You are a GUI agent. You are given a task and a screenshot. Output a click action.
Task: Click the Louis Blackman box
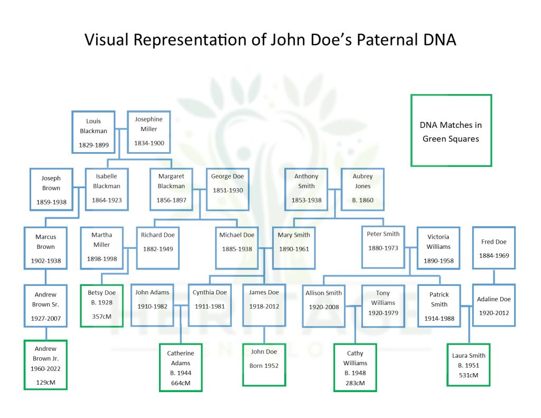tap(94, 132)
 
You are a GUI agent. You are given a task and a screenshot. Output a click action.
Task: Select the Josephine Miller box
tap(149, 132)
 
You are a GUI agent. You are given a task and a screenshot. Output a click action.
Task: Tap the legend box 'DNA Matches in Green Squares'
tap(451, 131)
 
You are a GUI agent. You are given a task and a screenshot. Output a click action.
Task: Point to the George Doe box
tap(227, 189)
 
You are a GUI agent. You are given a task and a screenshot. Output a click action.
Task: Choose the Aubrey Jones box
tap(362, 189)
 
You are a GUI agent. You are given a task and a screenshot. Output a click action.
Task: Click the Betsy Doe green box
tap(101, 305)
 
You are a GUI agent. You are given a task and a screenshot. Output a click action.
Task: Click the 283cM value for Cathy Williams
tap(355, 383)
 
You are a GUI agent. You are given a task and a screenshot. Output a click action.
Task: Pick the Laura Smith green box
tap(469, 365)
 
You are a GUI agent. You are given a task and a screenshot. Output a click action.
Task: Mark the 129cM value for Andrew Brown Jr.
tap(45, 381)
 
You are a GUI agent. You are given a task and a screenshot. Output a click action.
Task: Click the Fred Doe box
tap(493, 248)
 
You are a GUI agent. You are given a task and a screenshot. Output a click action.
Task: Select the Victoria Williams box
tap(438, 248)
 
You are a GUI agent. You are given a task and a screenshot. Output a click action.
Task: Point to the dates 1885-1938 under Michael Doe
tap(236, 249)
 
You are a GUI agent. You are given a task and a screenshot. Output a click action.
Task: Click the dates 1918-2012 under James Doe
tap(264, 306)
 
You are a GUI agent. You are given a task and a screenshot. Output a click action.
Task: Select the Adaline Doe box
tap(493, 305)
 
